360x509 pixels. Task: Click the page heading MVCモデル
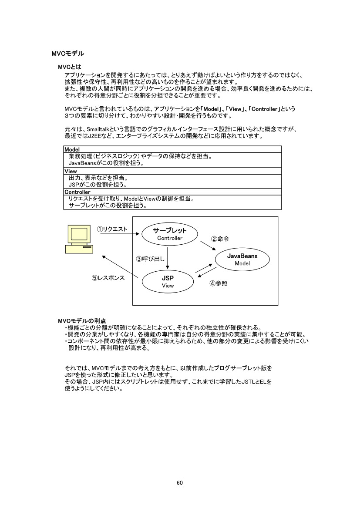click(67, 54)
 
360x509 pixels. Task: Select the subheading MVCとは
click(70, 67)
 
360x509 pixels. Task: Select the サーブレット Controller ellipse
click(170, 234)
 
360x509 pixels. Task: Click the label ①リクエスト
click(112, 229)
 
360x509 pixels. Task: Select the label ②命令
click(220, 239)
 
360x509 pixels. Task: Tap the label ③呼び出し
click(150, 259)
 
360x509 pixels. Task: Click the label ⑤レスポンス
click(108, 277)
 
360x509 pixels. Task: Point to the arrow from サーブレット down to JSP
click(168, 257)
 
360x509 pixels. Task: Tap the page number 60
click(180, 470)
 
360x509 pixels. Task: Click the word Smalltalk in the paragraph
click(101, 129)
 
